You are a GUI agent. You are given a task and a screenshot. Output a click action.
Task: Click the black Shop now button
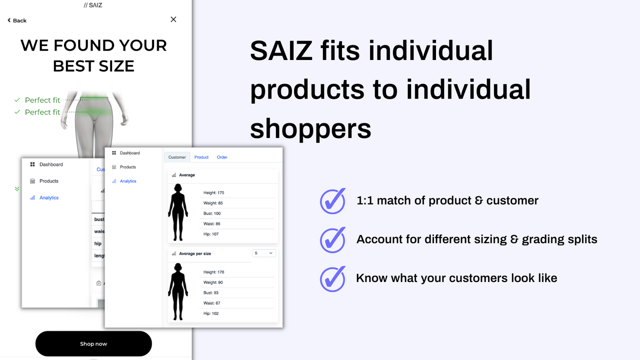(93, 343)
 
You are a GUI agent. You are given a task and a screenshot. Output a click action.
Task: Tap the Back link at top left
(17, 20)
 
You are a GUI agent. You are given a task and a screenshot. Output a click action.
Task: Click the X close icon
(173, 19)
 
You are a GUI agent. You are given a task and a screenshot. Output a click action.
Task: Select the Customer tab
(177, 157)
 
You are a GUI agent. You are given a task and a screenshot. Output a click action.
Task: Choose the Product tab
(201, 157)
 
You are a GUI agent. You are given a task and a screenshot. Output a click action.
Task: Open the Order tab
(222, 157)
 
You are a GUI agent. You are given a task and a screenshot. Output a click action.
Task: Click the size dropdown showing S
(264, 253)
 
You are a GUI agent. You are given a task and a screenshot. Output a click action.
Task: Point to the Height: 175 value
(213, 192)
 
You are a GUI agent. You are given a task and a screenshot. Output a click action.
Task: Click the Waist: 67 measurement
(211, 303)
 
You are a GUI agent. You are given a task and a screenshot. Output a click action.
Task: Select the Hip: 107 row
(211, 234)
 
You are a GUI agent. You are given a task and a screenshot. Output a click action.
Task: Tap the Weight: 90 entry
(213, 282)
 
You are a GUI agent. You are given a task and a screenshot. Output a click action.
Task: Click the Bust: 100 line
(212, 213)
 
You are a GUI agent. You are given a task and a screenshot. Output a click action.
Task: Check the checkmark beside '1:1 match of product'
(332, 201)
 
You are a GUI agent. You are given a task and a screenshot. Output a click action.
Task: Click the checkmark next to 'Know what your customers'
(332, 278)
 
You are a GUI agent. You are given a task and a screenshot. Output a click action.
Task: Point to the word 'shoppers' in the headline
(310, 128)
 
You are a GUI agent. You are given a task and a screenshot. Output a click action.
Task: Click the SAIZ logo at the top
(93, 5)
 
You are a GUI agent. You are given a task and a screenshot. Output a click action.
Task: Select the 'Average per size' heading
(195, 253)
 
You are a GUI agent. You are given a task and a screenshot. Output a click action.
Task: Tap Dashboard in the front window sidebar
(129, 153)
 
